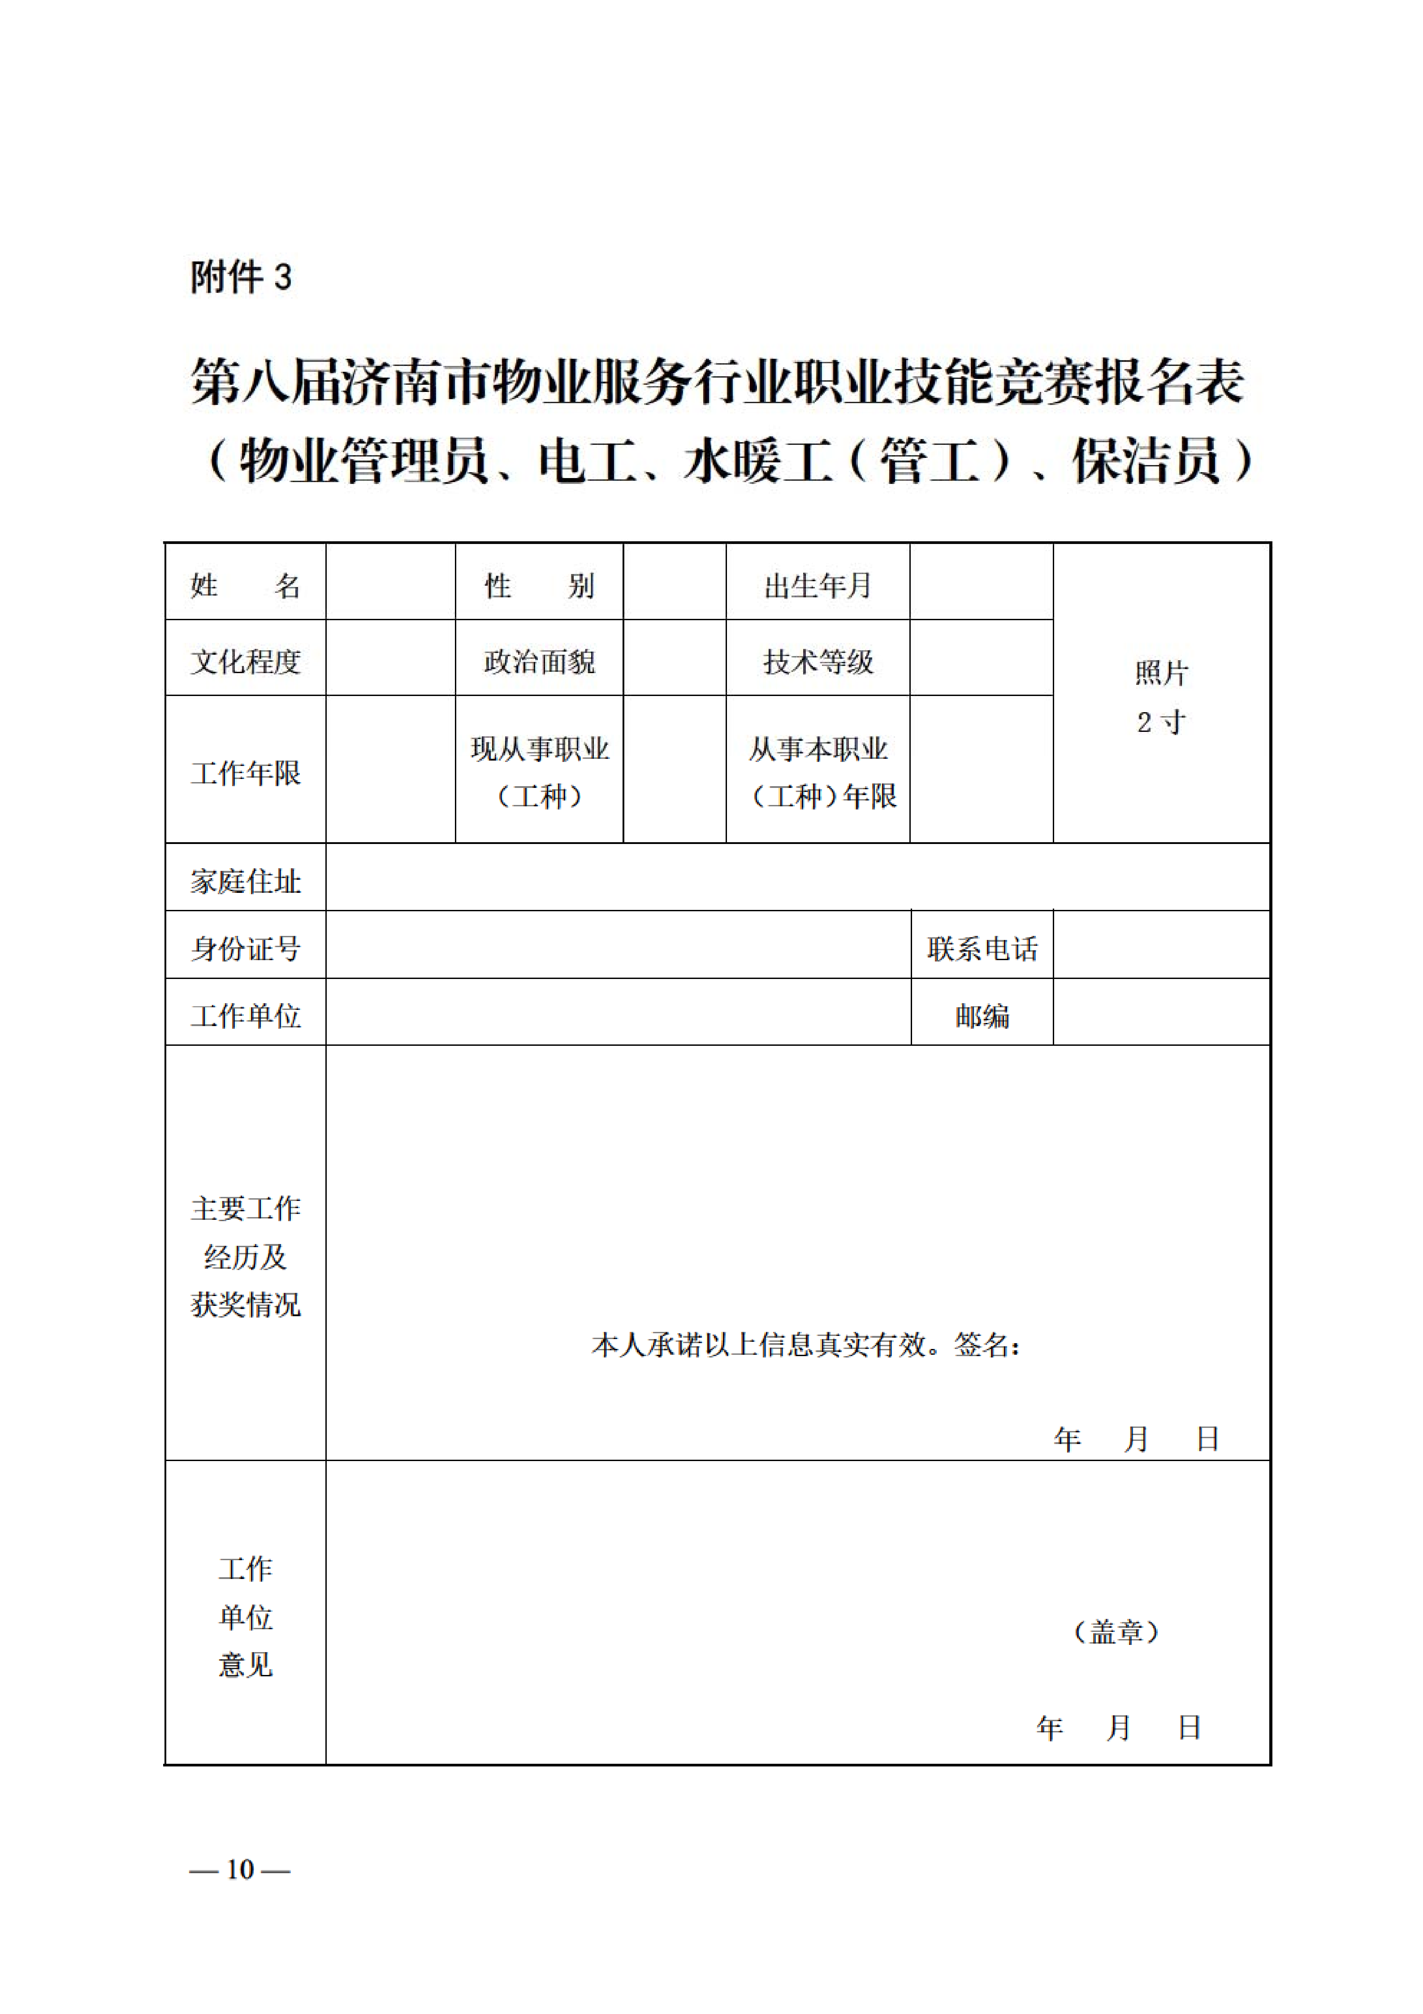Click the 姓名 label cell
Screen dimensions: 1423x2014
tap(246, 585)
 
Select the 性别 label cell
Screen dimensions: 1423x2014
tap(539, 585)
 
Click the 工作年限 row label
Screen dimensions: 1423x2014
tap(246, 772)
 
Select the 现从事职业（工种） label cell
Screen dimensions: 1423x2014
tap(539, 772)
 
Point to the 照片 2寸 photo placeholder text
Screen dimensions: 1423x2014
tap(1161, 697)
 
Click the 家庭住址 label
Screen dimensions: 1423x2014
tap(246, 881)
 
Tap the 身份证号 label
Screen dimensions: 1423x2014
tap(246, 948)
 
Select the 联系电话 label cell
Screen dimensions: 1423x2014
tap(982, 948)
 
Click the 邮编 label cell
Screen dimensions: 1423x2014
tap(982, 1016)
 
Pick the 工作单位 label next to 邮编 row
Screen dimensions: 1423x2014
tap(246, 1016)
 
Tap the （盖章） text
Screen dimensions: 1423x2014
tap(1116, 1631)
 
